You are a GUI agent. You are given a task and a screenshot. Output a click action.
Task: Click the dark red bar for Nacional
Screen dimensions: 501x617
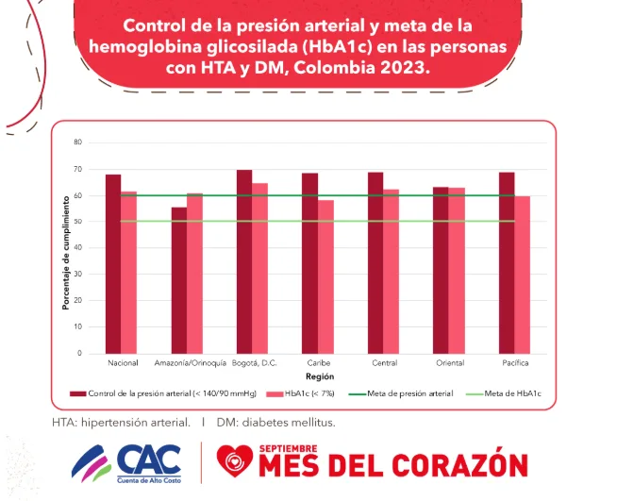click(113, 264)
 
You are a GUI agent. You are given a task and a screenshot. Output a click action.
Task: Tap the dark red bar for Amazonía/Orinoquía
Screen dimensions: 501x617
click(178, 280)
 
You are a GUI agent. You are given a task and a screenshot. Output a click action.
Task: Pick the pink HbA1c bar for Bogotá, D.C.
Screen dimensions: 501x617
click(260, 268)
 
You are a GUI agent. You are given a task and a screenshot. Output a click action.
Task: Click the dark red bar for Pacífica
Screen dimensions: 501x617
click(507, 263)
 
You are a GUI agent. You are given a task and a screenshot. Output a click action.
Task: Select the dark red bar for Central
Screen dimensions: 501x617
click(375, 263)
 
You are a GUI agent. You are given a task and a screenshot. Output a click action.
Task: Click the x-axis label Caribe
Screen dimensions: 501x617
click(318, 363)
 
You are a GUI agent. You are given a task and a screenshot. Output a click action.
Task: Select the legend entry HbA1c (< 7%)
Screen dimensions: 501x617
click(301, 393)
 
